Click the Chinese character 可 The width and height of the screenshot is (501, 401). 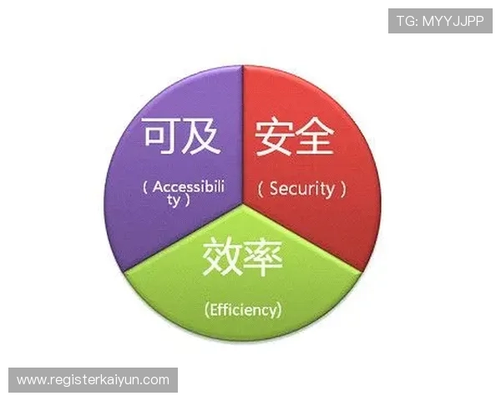[x=160, y=135]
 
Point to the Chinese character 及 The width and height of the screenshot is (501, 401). [x=201, y=135]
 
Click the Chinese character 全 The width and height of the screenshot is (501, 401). [x=318, y=135]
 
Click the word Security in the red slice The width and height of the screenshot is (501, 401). [x=301, y=189]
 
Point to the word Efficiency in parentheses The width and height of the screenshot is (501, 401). [x=243, y=309]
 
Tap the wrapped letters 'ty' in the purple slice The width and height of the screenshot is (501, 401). [x=176, y=200]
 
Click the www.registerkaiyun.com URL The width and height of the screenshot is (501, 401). [x=93, y=380]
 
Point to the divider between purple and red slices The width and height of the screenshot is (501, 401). [x=243, y=134]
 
